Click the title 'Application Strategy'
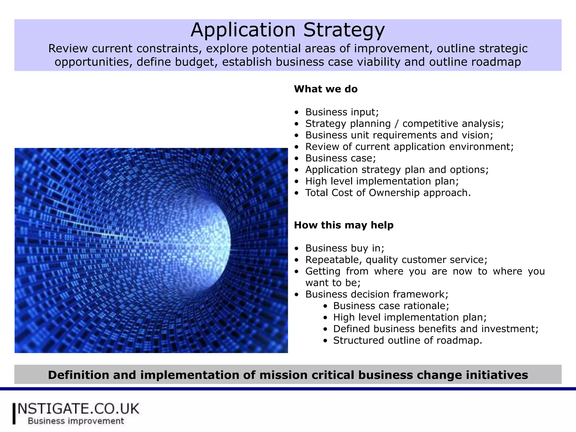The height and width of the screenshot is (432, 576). point(287,30)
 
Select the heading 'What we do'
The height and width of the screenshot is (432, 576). point(326,89)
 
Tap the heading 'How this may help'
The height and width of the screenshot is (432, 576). point(344,225)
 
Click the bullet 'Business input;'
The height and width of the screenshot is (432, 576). point(342,112)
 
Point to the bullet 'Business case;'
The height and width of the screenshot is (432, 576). point(340,158)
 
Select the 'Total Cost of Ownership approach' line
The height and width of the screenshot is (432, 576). point(388,193)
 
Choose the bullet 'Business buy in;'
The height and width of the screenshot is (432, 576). point(345,248)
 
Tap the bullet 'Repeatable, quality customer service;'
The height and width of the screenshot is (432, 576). point(396,260)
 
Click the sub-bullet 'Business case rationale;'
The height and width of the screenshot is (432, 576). point(391,306)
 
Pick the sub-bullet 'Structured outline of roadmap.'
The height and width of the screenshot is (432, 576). point(407,341)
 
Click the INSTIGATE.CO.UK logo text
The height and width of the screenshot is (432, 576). point(78,409)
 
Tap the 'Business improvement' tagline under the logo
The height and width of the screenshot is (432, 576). point(76,421)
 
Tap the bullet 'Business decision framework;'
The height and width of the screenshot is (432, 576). point(377,294)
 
